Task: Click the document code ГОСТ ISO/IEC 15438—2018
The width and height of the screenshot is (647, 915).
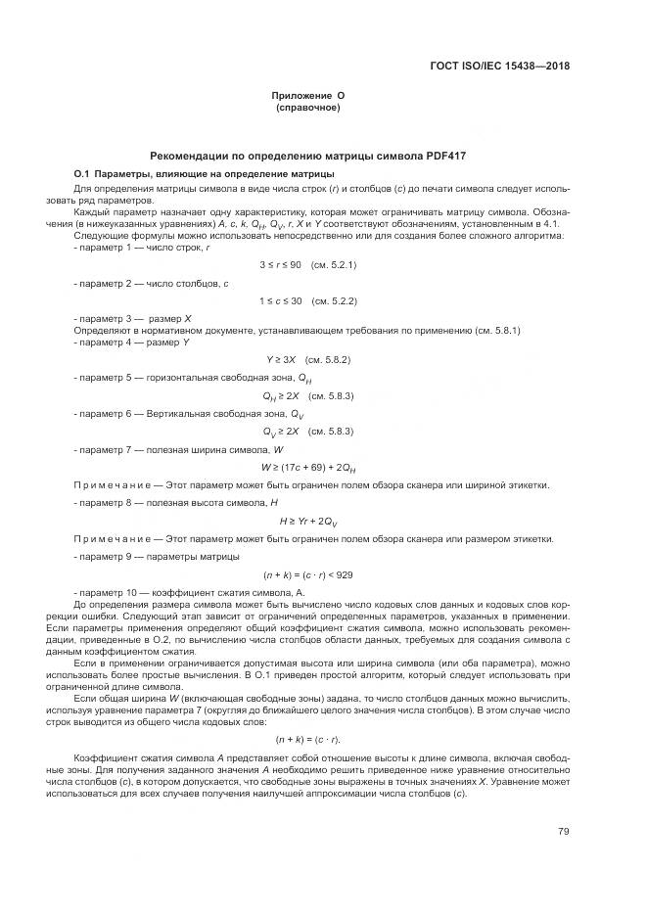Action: [x=499, y=67]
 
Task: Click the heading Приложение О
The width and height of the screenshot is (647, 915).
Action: [x=308, y=95]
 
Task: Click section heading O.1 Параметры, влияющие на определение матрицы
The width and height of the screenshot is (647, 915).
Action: [x=205, y=173]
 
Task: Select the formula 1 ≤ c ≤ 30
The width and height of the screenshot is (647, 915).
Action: [x=280, y=301]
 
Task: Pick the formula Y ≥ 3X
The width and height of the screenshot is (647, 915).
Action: [x=281, y=359]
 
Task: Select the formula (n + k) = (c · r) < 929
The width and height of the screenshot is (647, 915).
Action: [x=308, y=574]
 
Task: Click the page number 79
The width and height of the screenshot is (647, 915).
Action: [x=564, y=832]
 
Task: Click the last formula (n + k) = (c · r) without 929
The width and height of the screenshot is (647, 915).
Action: [x=308, y=738]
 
